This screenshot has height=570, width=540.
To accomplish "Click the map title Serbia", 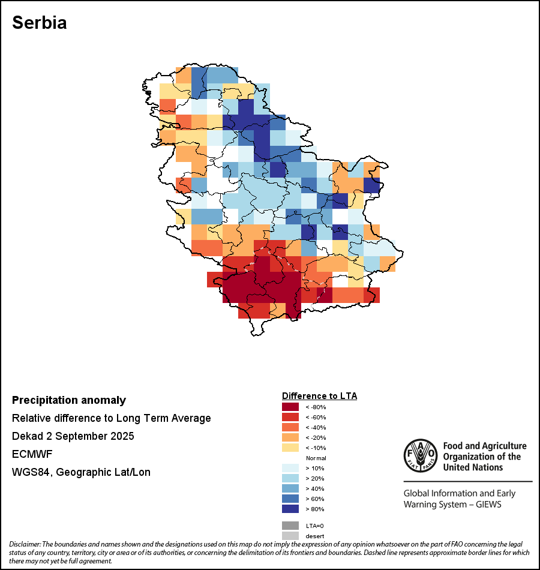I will click(40, 23).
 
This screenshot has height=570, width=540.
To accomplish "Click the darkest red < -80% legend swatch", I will click(290, 407).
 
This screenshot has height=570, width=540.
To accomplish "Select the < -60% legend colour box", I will click(290, 417).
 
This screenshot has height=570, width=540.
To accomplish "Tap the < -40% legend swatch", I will click(290, 427).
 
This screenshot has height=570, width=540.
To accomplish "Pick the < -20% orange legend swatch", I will click(290, 437).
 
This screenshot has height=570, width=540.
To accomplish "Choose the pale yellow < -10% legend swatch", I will click(290, 448).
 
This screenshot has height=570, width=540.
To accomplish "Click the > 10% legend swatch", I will click(290, 468).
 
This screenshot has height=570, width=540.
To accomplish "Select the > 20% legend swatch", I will click(290, 478).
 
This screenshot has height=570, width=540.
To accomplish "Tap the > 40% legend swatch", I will click(290, 488).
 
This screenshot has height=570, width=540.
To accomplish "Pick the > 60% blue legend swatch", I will click(290, 499).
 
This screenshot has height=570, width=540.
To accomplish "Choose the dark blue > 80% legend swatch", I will click(290, 509).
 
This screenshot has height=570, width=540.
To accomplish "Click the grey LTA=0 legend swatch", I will click(290, 526).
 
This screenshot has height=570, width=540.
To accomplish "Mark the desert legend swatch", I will click(290, 536).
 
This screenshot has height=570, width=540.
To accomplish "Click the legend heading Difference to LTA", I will click(319, 396).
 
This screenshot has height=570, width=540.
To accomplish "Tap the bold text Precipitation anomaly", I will click(69, 400).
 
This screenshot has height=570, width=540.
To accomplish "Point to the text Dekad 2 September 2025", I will click(73, 436).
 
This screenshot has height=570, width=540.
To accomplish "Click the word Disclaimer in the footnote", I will click(25, 544).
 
